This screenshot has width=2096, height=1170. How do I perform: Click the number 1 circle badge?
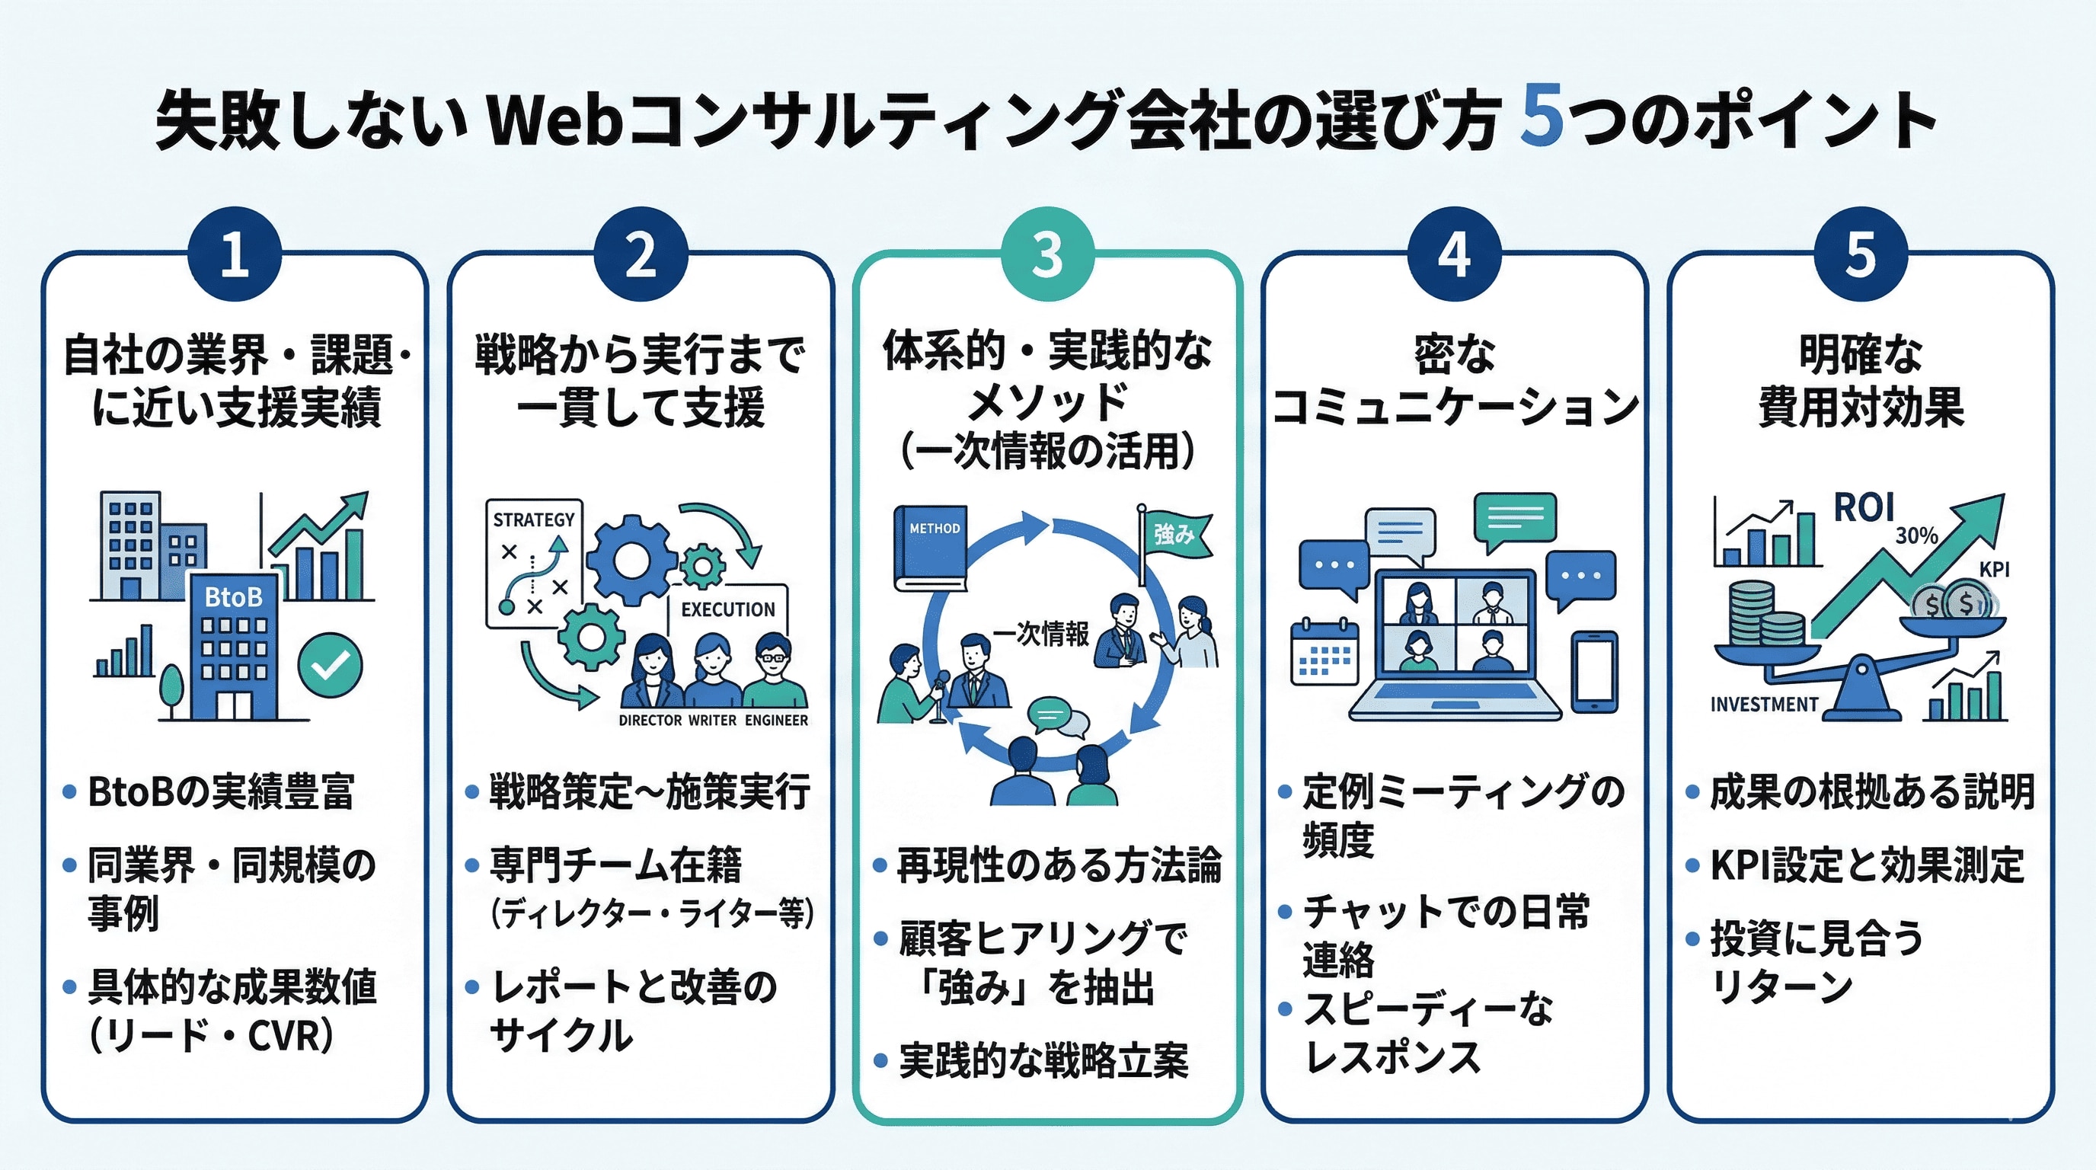click(235, 254)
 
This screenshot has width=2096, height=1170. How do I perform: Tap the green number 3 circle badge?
click(1047, 254)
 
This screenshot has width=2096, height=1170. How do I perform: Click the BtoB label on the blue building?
click(234, 597)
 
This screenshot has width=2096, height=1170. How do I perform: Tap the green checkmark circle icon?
click(330, 666)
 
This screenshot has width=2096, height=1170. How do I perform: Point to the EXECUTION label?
click(727, 609)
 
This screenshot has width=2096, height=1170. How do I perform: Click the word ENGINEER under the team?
click(776, 721)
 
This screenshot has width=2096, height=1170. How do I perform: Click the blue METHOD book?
click(929, 548)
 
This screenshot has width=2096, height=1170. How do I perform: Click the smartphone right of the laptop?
click(1594, 672)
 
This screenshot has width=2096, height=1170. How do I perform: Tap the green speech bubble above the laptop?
click(1514, 519)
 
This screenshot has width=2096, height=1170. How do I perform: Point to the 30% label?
click(1916, 535)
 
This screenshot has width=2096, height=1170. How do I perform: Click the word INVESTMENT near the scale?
click(1763, 705)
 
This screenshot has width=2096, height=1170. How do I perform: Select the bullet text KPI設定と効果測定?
click(1867, 865)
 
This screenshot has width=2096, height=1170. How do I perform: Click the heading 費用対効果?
click(1861, 408)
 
